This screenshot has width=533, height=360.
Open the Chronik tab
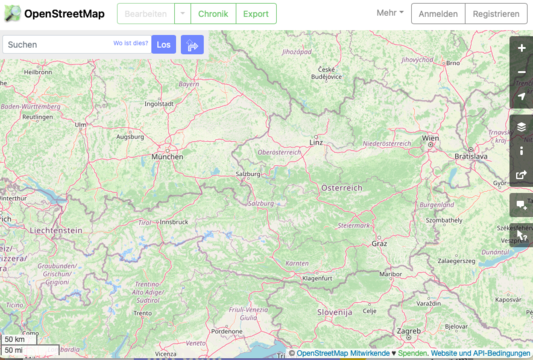click(212, 14)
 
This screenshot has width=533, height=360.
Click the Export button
click(256, 14)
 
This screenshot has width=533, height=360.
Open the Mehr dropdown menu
click(390, 13)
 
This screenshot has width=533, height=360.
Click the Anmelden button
click(437, 14)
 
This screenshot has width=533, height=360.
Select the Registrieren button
click(496, 14)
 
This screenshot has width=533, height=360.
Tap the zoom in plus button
click(521, 48)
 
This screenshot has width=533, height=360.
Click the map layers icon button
click(521, 127)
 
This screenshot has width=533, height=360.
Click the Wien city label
click(431, 138)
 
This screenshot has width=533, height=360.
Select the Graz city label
click(379, 243)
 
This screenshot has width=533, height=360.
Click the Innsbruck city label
click(174, 221)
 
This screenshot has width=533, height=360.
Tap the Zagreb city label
click(408, 330)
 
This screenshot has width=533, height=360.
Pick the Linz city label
click(317, 142)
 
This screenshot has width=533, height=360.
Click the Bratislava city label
click(470, 156)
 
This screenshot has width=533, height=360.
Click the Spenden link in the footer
click(412, 353)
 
